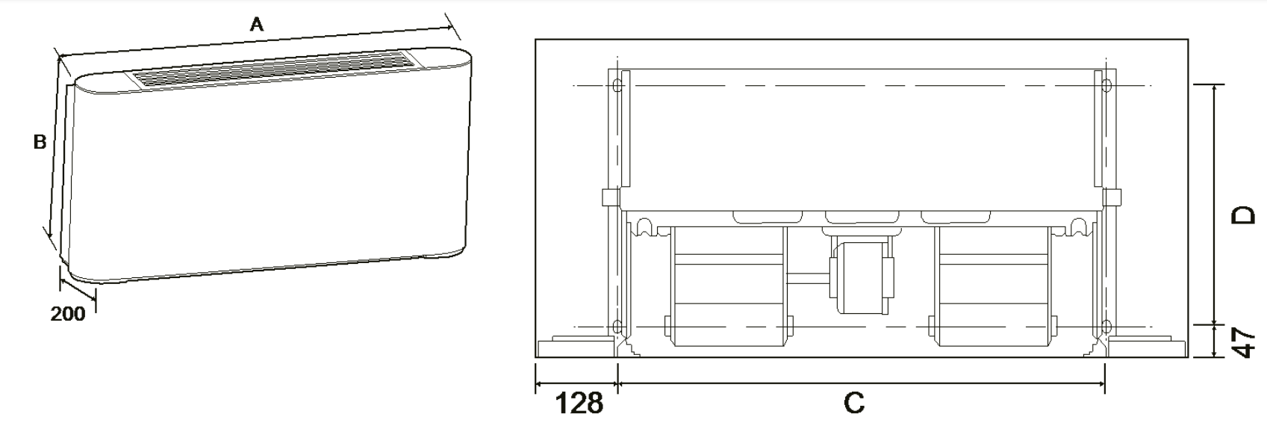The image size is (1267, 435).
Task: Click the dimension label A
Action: pyautogui.click(x=257, y=25)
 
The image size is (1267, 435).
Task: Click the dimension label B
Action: pyautogui.click(x=40, y=141)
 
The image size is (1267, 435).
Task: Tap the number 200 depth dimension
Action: pyautogui.click(x=68, y=314)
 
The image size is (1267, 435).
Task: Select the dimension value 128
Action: pyautogui.click(x=579, y=404)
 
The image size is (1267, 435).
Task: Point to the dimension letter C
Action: pyautogui.click(x=854, y=403)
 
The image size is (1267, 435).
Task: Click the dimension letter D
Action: pyautogui.click(x=1244, y=215)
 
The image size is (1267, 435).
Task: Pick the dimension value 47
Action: pyautogui.click(x=1244, y=342)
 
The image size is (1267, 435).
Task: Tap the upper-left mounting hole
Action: pyautogui.click(x=617, y=85)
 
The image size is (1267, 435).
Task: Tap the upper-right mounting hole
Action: pyautogui.click(x=1106, y=85)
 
